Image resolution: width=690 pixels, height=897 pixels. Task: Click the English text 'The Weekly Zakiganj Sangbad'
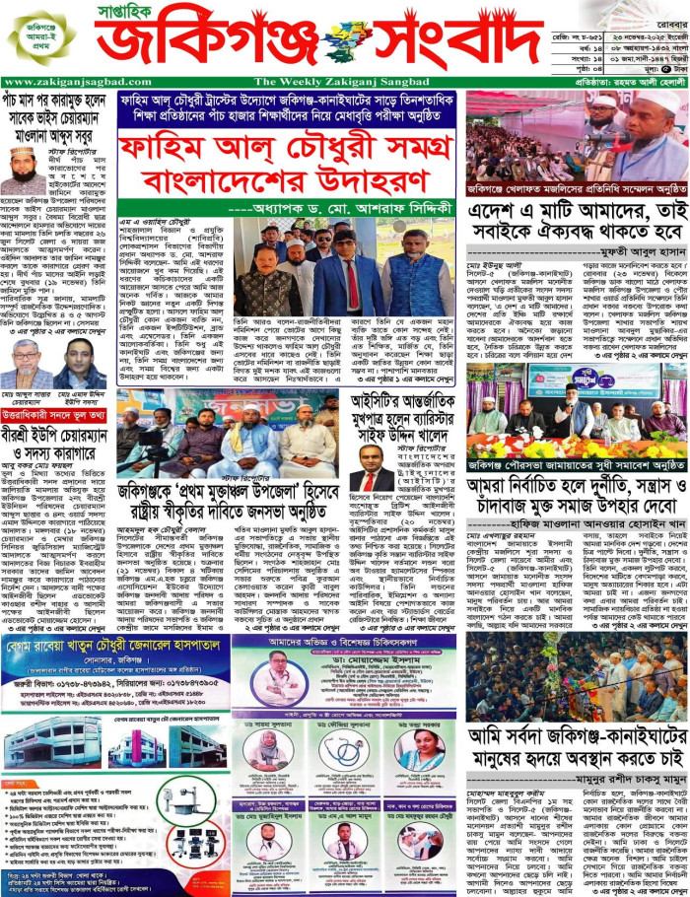324,82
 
